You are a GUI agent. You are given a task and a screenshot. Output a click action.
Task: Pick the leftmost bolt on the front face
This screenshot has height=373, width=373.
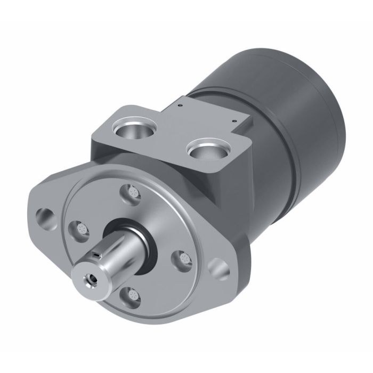point(81,230)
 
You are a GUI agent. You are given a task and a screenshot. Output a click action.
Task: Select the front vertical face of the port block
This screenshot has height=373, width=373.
point(160,160)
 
